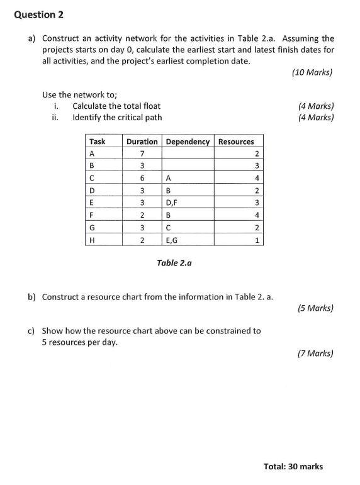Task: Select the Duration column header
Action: pyautogui.click(x=142, y=142)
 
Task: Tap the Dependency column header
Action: pyautogui.click(x=188, y=142)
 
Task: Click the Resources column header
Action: pyautogui.click(x=236, y=142)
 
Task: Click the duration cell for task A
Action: pyautogui.click(x=143, y=154)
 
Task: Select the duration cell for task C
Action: pyautogui.click(x=143, y=178)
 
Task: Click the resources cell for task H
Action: pyautogui.click(x=257, y=240)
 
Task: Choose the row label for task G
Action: pyautogui.click(x=93, y=227)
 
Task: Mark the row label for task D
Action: pyautogui.click(x=93, y=191)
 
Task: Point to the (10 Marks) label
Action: pyautogui.click(x=313, y=72)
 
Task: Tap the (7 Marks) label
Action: pyautogui.click(x=315, y=354)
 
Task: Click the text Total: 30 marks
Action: pyautogui.click(x=293, y=466)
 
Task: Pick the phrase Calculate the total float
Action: pyautogui.click(x=116, y=106)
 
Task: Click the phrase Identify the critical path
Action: pyautogui.click(x=117, y=117)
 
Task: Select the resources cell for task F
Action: pyautogui.click(x=257, y=215)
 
